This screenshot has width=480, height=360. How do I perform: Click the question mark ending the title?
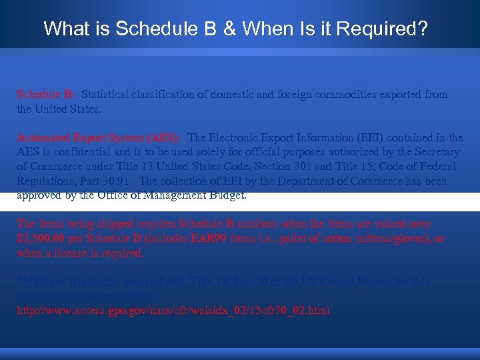point(423,29)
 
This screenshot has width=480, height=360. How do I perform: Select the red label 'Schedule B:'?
point(46,95)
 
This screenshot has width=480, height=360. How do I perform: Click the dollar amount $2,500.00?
point(41,239)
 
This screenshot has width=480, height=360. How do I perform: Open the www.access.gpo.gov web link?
point(173,311)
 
